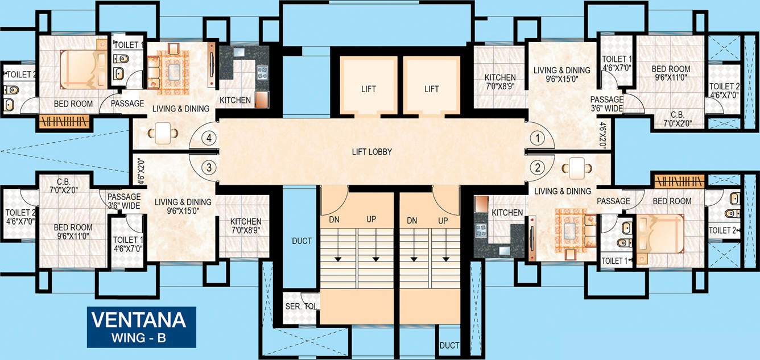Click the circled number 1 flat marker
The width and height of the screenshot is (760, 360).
point(535,138)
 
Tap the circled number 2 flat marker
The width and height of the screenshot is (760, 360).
point(535,167)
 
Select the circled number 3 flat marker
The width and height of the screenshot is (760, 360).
point(210,167)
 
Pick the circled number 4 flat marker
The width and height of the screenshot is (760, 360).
point(210,138)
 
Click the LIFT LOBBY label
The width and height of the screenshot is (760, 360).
point(372,152)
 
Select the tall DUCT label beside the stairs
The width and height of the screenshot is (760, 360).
point(301,241)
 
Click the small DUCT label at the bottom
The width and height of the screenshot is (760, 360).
point(449,346)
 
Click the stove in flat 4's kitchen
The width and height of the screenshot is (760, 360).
point(262,72)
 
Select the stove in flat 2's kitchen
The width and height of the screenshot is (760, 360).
point(482,230)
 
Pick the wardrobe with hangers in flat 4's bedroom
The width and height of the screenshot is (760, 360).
point(65,121)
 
